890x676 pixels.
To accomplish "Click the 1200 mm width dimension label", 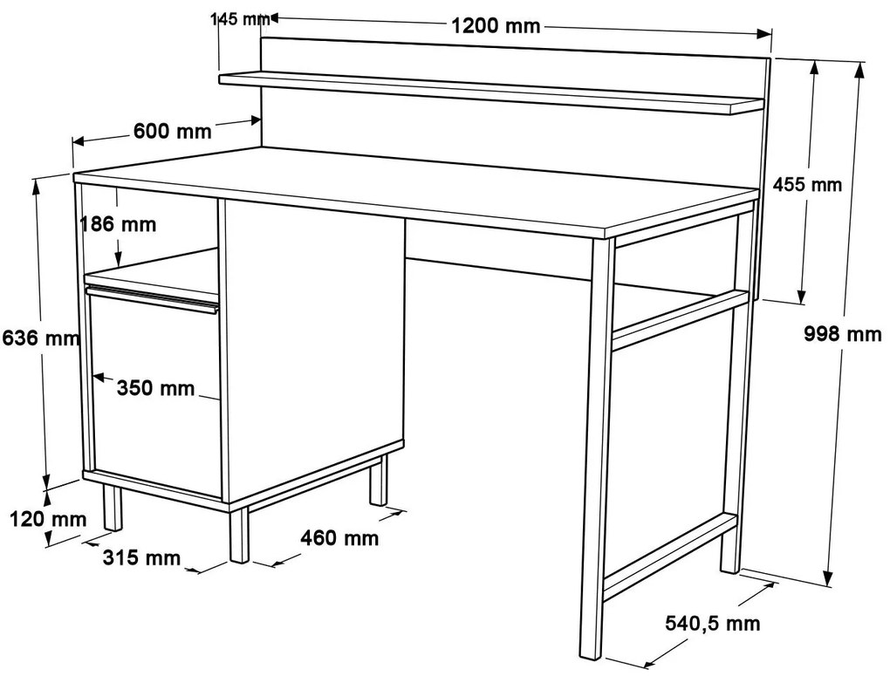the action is click(496, 26).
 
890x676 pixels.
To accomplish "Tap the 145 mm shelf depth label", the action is click(240, 19).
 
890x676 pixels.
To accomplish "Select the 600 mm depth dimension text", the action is click(173, 131).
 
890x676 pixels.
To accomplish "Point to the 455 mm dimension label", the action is click(808, 184).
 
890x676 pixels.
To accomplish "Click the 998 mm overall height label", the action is click(843, 334).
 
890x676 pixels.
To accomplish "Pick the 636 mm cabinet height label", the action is click(41, 338).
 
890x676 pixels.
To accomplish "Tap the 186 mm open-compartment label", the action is click(118, 224).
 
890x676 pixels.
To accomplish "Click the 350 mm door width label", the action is click(155, 388).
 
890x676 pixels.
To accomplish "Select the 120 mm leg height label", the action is click(48, 519).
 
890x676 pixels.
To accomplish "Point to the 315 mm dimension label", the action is click(141, 557).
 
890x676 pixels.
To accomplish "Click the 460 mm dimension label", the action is click(339, 537).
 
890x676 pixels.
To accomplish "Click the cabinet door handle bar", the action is click(152, 300).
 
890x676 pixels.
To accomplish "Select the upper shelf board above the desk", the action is click(491, 92).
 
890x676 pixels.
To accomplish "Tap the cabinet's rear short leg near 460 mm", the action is click(378, 480).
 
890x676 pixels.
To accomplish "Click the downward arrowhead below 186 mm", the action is click(118, 260).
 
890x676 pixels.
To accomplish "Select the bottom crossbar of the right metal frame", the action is click(671, 557).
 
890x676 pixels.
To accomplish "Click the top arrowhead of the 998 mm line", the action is click(859, 69).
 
